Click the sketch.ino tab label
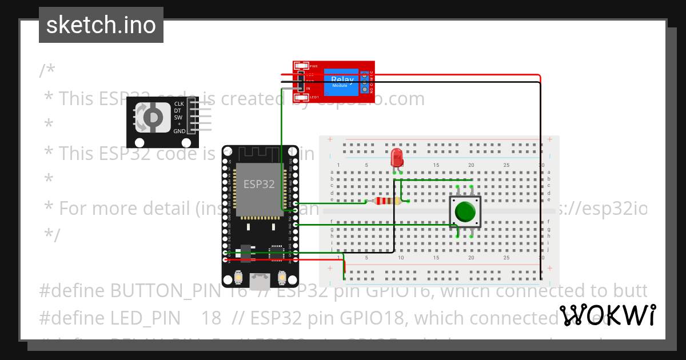click(x=101, y=25)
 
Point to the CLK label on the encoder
click(x=179, y=104)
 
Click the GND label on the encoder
click(x=179, y=131)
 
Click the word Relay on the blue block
click(x=342, y=80)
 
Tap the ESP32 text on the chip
click(x=259, y=184)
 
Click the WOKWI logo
click(x=607, y=315)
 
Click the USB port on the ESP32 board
click(x=260, y=280)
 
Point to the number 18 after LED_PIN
click(x=212, y=318)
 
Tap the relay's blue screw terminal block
click(x=364, y=83)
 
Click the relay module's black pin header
click(x=300, y=81)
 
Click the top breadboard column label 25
click(x=506, y=165)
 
